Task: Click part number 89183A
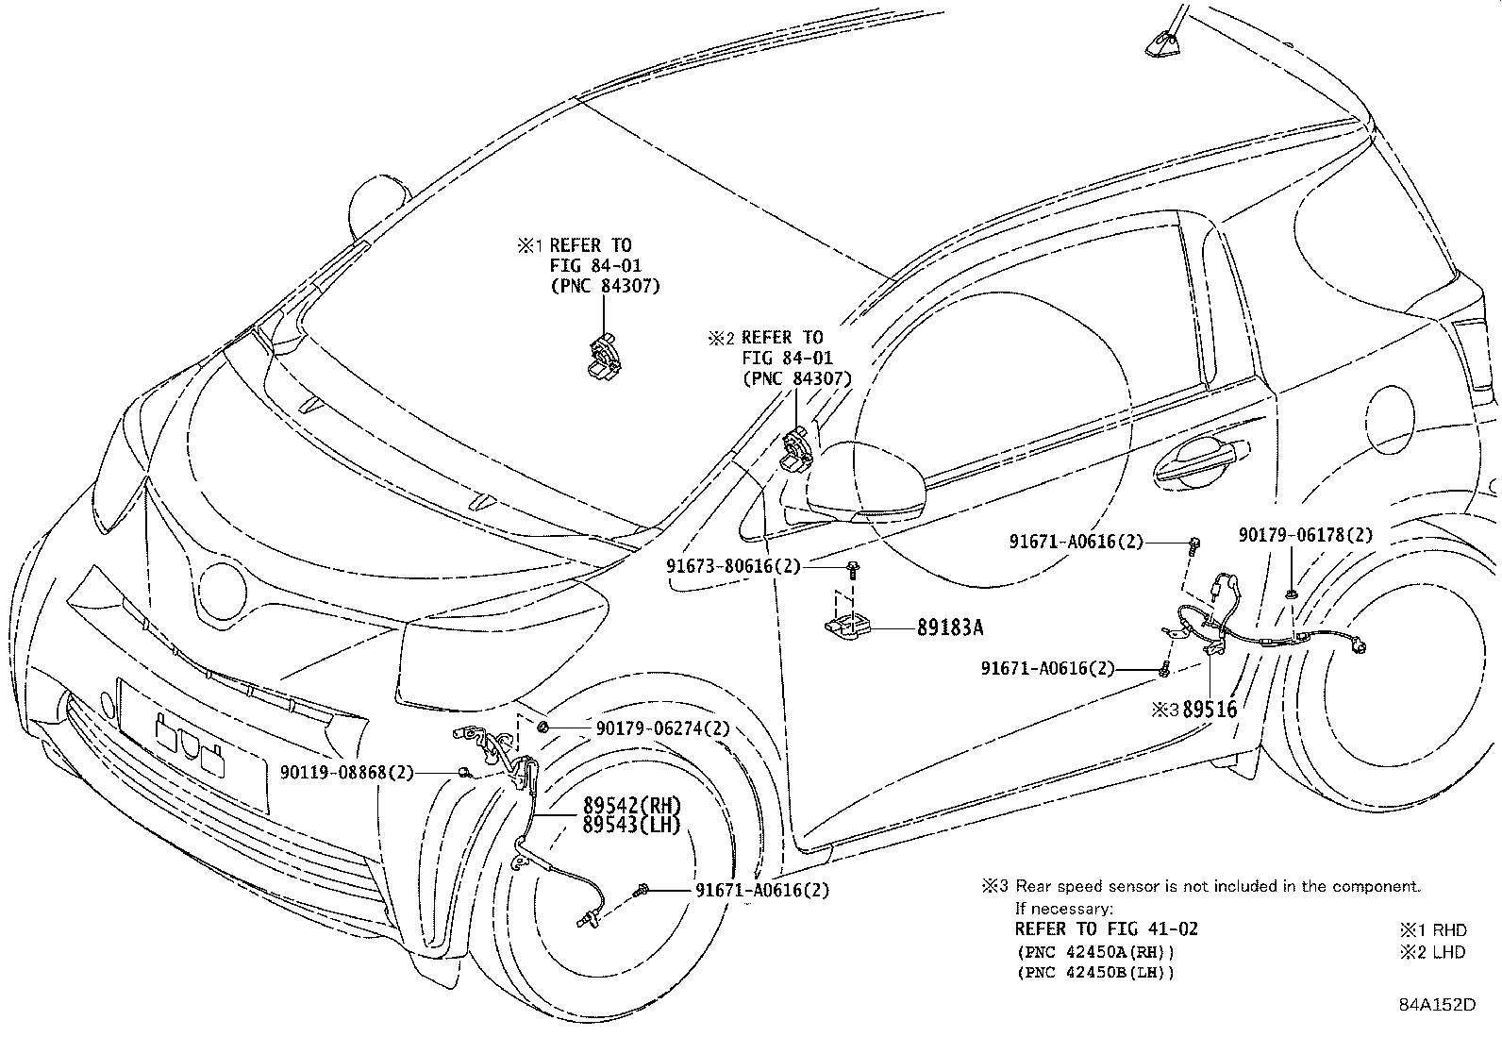point(956,626)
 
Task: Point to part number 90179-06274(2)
point(662,728)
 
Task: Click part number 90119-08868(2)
point(347,772)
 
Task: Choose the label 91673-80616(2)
point(733,566)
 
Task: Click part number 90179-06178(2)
point(1306,535)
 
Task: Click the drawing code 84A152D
point(1436,1004)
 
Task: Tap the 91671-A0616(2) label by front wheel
point(762,890)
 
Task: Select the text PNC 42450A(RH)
point(1095,951)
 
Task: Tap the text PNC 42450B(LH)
point(1095,973)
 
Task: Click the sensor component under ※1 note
point(602,359)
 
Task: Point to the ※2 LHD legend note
point(1433,951)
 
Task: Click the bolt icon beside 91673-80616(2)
point(853,569)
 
